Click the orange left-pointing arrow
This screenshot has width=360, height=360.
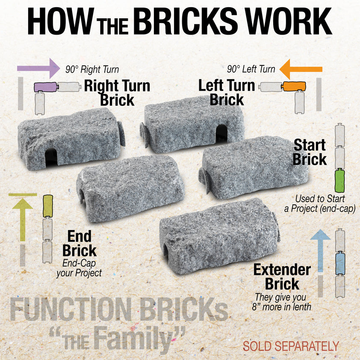pos(301,69)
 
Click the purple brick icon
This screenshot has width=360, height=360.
pos(45,87)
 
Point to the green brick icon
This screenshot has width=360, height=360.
pos(340,180)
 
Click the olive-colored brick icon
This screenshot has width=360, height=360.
pos(47,206)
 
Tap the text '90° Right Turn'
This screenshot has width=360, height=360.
pos(92,69)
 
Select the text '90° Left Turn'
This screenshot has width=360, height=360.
pos(251,69)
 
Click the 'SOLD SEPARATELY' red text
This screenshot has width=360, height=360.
pos(291,345)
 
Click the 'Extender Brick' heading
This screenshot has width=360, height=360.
pos(282,277)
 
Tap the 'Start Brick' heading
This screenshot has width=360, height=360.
pos(310,152)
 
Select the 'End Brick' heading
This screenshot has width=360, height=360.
pos(79,243)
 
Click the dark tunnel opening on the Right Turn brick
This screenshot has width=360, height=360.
pos(51,156)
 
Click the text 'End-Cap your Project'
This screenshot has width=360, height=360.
pos(79,268)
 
